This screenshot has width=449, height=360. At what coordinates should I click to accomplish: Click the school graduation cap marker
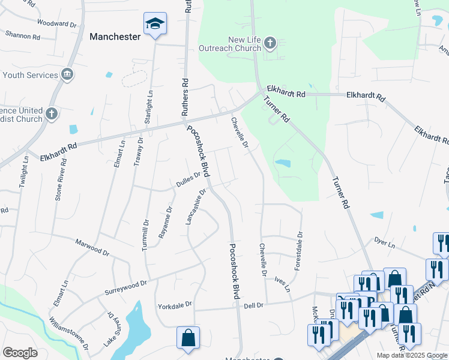tap(155, 25)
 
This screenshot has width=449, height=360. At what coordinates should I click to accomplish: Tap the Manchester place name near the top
tap(115, 37)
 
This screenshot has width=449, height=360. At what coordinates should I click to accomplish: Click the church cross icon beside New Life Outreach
tap(270, 43)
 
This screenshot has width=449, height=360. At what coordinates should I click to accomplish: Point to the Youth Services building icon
tap(67, 75)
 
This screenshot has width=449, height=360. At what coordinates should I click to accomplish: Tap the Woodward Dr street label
tap(57, 24)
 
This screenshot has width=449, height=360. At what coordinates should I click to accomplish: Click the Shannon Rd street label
tap(23, 35)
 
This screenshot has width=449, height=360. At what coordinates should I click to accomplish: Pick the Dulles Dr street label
tap(188, 180)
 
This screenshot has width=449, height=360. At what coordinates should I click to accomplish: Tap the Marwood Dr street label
tap(92, 247)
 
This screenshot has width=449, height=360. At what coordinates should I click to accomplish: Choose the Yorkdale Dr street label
tap(175, 305)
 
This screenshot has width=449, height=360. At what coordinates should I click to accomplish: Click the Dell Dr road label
tap(253, 305)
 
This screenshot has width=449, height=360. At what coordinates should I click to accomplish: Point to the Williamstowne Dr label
tap(70, 334)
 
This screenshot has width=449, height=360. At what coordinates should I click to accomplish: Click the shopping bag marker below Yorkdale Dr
tap(188, 337)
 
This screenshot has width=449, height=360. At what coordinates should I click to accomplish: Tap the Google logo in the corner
tap(20, 353)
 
